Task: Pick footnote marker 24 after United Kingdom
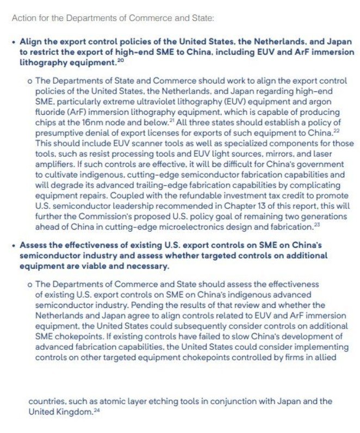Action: click(97, 410)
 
